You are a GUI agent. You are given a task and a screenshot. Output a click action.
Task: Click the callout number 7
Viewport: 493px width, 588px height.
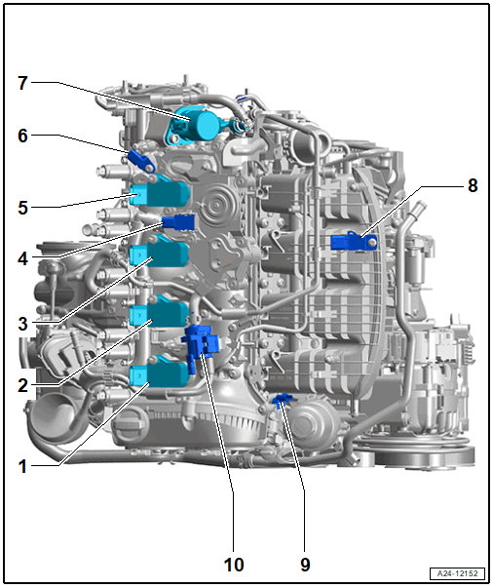22,83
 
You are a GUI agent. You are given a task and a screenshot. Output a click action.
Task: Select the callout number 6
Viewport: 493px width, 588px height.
22,136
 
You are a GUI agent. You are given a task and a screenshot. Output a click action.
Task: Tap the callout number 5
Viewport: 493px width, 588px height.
22,208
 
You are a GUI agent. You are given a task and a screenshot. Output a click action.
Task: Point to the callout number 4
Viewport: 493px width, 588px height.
22,258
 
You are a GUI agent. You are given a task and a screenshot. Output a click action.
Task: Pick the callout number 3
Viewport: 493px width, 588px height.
22,324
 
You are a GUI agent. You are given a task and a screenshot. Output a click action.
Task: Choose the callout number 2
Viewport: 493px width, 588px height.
22,385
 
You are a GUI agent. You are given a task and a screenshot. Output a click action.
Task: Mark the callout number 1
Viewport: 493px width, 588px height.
22,466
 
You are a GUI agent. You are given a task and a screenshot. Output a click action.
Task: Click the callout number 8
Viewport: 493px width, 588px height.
473,185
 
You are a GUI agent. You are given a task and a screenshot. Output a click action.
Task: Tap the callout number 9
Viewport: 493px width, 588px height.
305,565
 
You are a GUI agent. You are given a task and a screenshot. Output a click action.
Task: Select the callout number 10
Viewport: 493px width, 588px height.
234,565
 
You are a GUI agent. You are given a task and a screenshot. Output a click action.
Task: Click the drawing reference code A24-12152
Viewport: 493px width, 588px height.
457,573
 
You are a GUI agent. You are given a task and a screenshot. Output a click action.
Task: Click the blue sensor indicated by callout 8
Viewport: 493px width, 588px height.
354,242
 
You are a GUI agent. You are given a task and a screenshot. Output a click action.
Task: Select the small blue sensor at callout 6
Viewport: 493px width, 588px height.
141,161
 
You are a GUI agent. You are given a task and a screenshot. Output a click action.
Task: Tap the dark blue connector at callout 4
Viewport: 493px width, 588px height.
178,222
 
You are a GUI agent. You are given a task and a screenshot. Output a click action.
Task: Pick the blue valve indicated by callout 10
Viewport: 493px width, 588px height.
201,347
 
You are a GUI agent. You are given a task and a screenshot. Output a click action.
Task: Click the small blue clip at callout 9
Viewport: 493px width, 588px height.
282,400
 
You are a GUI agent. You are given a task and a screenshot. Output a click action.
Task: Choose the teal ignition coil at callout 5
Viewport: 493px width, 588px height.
160,193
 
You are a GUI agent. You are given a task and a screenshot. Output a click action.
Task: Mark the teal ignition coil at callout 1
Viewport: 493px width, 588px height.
159,373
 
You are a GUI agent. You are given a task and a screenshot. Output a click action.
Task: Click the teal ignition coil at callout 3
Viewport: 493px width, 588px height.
159,253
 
